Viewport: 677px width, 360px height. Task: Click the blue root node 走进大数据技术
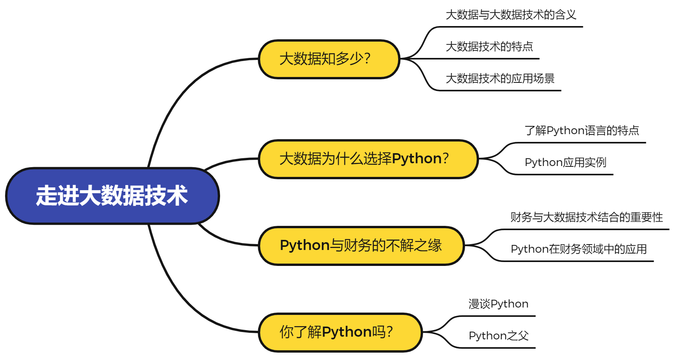(112, 196)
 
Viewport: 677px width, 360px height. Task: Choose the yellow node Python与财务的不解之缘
(361, 246)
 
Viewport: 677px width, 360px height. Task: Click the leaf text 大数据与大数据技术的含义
(511, 15)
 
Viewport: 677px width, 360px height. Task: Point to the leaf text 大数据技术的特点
(489, 47)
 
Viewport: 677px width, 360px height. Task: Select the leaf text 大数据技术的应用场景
(500, 79)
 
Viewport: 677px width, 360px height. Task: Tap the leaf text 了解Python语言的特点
(581, 131)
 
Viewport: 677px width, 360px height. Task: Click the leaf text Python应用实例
(565, 163)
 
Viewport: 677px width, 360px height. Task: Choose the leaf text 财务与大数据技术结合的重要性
(586, 217)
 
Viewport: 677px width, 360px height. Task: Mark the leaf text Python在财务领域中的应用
(578, 249)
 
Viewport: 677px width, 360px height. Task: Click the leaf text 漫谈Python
(498, 304)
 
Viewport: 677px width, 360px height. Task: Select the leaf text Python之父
(498, 336)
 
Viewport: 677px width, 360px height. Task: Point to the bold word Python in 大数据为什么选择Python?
(416, 159)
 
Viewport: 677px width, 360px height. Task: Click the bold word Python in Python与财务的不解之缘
(305, 246)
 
